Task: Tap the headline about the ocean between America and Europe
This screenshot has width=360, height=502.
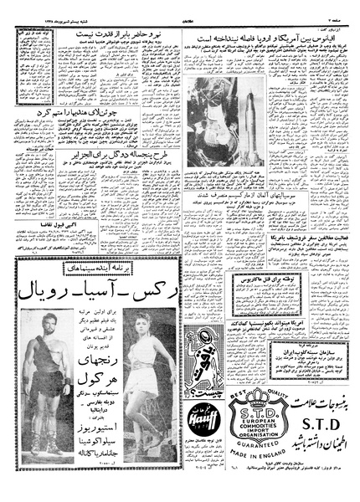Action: [268, 38]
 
